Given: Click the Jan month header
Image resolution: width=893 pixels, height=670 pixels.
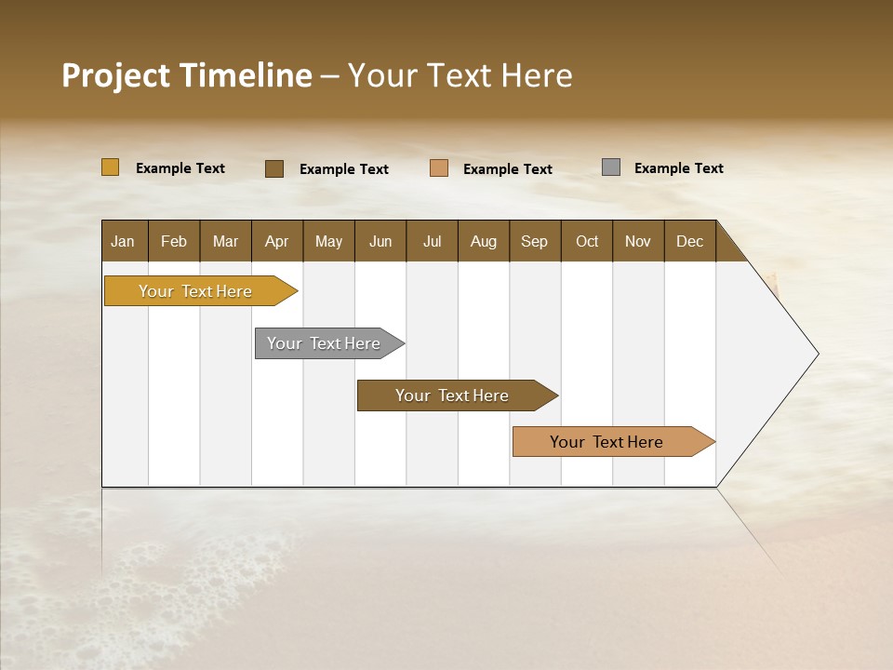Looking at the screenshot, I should (124, 241).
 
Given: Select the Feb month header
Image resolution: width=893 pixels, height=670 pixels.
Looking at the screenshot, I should (174, 241).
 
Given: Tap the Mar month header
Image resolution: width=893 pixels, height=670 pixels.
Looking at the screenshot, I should (225, 241).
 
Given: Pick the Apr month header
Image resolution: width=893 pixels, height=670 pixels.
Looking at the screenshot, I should (277, 241).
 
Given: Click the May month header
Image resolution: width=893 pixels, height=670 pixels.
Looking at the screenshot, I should (328, 241).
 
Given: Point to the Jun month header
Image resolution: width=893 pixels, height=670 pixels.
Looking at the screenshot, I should (380, 241).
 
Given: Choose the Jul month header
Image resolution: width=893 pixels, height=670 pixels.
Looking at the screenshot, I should (432, 241).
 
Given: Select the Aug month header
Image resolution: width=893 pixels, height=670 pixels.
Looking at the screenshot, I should (484, 241).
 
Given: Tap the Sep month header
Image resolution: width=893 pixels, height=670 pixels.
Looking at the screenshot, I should (535, 241).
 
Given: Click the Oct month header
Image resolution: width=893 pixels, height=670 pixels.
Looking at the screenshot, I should (587, 241).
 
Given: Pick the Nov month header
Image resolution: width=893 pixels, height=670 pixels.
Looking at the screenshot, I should (638, 241).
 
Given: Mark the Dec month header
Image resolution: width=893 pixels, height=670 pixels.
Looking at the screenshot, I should (690, 241).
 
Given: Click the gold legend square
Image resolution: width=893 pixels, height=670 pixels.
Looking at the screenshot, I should (111, 167).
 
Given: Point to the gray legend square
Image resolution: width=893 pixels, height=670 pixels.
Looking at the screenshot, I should (611, 167).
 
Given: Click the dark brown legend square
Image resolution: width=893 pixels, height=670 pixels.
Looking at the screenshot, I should (274, 168).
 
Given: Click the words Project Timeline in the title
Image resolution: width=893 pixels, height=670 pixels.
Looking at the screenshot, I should (187, 75).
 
